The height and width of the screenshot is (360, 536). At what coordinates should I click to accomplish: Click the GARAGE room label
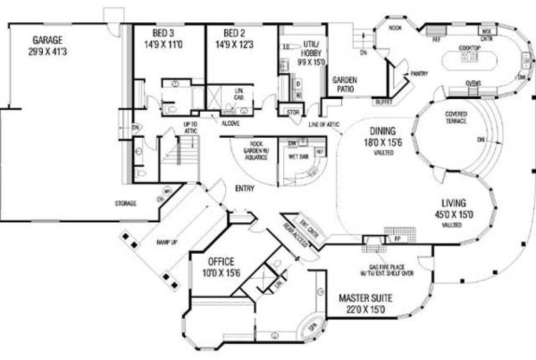coord(47,41)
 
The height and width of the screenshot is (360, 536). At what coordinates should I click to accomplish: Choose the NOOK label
coord(395,28)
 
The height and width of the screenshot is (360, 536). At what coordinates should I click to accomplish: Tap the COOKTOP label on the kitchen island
coord(469,48)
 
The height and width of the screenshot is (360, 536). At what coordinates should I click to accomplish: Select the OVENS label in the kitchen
coord(473,83)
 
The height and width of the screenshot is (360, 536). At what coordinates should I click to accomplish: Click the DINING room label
coord(383,131)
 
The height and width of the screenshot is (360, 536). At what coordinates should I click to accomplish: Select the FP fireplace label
coord(397,238)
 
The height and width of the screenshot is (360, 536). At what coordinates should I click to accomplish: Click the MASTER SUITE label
coord(366,298)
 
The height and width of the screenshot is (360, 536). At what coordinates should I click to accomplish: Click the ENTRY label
coord(245,188)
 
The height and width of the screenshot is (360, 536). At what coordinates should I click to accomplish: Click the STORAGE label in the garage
coord(125,203)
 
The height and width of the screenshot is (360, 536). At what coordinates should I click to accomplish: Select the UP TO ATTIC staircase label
coord(191,127)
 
